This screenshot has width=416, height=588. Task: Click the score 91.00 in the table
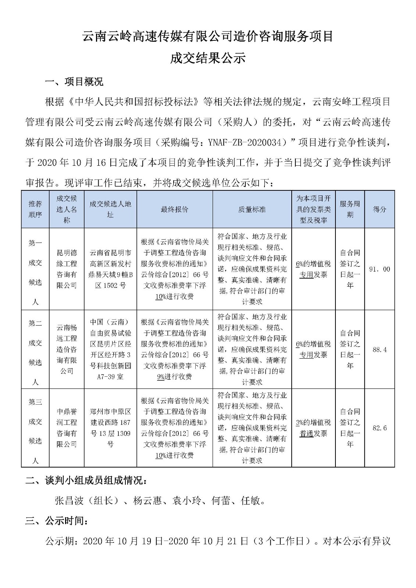(x=379, y=269)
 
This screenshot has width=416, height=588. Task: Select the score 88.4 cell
(x=379, y=349)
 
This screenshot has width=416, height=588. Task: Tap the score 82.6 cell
(x=379, y=428)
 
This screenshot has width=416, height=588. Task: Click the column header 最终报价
(x=174, y=209)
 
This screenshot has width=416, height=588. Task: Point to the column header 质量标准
(x=252, y=209)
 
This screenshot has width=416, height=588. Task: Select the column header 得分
(x=379, y=209)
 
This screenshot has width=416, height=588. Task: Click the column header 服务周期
(x=350, y=209)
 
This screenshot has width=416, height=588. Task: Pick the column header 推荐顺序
(x=35, y=209)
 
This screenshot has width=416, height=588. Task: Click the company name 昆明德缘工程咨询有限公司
(x=67, y=269)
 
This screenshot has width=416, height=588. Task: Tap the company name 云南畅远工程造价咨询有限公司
(x=67, y=349)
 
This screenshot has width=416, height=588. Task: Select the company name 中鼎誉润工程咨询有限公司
(x=67, y=428)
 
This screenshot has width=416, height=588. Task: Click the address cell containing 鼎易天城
(x=110, y=269)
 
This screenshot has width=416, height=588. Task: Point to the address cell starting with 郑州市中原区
(x=110, y=428)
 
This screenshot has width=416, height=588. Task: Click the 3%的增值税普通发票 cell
(x=313, y=428)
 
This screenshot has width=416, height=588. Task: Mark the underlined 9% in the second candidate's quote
(x=160, y=377)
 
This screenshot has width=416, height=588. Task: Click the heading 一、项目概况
(x=74, y=82)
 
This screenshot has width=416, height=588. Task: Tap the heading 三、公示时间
(x=57, y=521)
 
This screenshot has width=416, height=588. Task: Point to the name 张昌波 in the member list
(x=69, y=501)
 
